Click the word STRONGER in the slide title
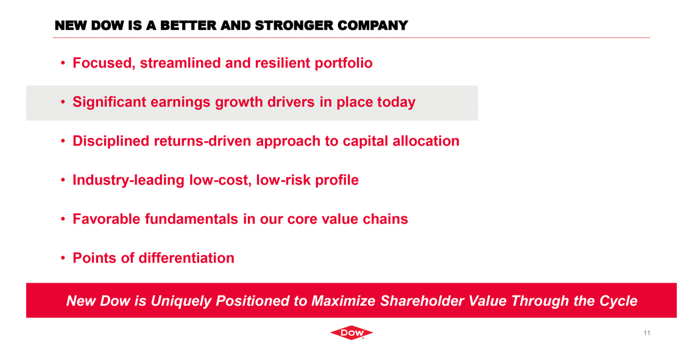pyautogui.click(x=294, y=26)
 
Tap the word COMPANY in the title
pyautogui.click(x=373, y=26)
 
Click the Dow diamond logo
pyautogui.click(x=351, y=333)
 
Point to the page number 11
pyautogui.click(x=646, y=333)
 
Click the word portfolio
pyautogui.click(x=344, y=63)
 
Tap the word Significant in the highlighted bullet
pyautogui.click(x=110, y=102)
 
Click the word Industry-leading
pyautogui.click(x=129, y=180)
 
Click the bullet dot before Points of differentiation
pyautogui.click(x=63, y=258)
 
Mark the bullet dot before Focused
pyautogui.click(x=63, y=63)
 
